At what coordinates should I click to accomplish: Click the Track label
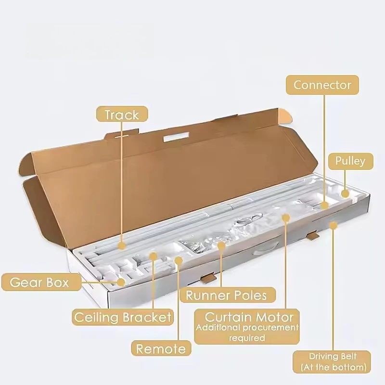[x=122, y=114]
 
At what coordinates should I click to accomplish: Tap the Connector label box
[x=322, y=85]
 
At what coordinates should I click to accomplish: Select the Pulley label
[x=350, y=161]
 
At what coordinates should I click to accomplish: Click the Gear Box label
[x=41, y=282]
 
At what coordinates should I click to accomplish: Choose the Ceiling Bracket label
[x=123, y=317]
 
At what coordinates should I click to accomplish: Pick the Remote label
[x=161, y=348]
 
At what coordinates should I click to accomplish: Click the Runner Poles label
[x=228, y=295]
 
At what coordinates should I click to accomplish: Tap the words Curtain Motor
[x=249, y=317]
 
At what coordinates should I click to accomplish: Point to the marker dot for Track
[x=121, y=245]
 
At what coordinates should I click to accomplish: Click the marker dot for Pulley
[x=345, y=194]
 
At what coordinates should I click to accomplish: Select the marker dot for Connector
[x=324, y=205]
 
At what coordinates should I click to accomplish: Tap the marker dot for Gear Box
[x=121, y=282]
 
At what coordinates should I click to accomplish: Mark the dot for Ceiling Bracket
[x=153, y=257]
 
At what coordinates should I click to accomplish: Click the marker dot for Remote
[x=179, y=260]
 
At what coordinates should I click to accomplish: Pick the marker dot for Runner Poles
[x=221, y=245]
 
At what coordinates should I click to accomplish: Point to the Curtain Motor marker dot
[x=285, y=218]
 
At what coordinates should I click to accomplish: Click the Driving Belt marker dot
[x=333, y=225]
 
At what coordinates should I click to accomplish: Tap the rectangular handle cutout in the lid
[x=176, y=137]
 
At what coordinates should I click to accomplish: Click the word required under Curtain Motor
[x=247, y=338]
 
